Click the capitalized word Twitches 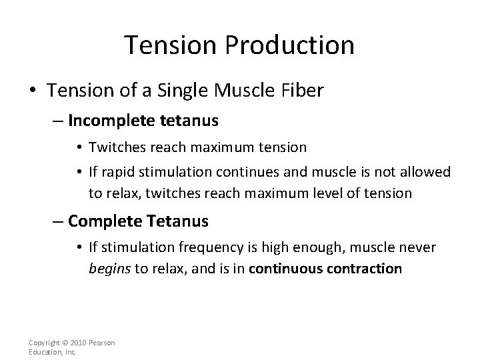click(113, 147)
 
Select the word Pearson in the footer click(102, 343)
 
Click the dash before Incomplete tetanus click(58, 121)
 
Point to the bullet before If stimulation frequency click(80, 249)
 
